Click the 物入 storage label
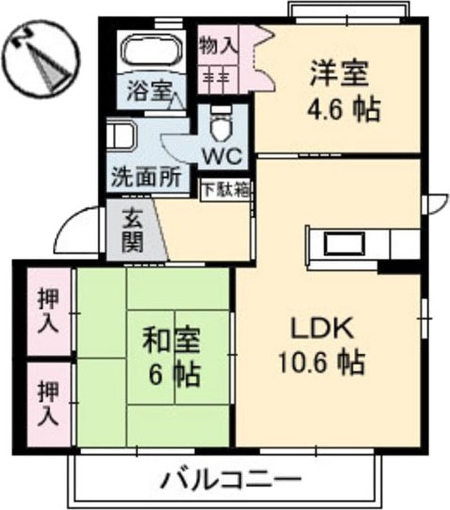pos(218,46)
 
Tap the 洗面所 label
pos(146,178)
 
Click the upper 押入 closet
pos(48,312)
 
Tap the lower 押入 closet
pos(48,404)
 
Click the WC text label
pos(223,156)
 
